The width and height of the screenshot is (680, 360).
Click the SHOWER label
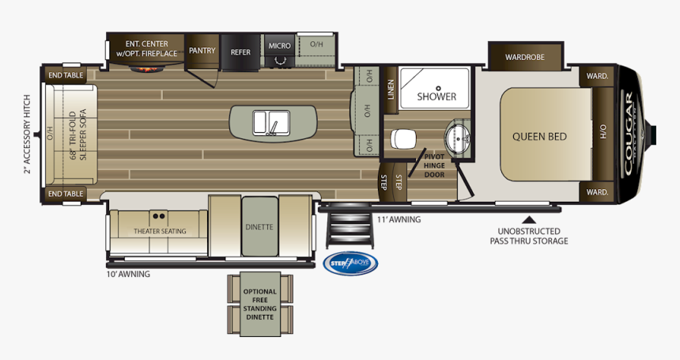[x=436, y=97]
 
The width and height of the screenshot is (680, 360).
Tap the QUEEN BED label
[x=539, y=137]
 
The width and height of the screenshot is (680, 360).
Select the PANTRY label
[x=202, y=51]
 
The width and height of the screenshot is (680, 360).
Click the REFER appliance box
[x=240, y=52]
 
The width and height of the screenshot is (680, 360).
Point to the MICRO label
[x=278, y=46]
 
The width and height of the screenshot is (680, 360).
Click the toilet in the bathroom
[x=402, y=138]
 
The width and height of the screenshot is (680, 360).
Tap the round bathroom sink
[x=456, y=140]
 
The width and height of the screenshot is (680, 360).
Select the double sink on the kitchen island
[x=271, y=123]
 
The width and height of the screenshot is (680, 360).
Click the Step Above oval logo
[x=350, y=264]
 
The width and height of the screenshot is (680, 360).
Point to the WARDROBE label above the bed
[x=526, y=57]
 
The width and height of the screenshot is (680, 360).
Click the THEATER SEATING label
[x=159, y=231]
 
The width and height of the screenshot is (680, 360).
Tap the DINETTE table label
[x=259, y=227]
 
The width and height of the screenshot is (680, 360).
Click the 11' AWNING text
[x=399, y=219]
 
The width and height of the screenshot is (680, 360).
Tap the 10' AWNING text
[x=128, y=275]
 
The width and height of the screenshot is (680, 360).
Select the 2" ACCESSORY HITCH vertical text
[x=27, y=135]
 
